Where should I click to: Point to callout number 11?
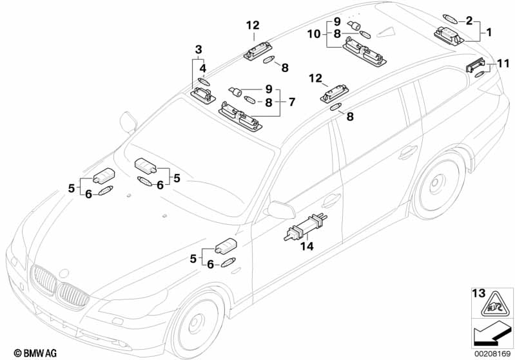tap(503, 63)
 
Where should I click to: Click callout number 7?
tap(291, 101)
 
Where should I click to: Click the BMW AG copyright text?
tap(23, 352)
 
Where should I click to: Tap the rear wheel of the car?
tap(440, 184)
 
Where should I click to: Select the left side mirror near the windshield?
tap(128, 120)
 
